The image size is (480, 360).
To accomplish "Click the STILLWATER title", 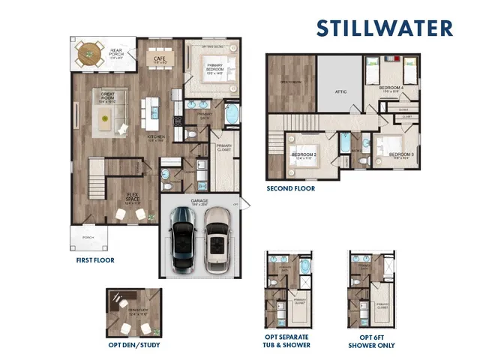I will (x=384, y=28).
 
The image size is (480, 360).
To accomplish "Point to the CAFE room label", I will (x=160, y=57).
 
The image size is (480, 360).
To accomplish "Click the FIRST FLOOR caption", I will (x=94, y=260).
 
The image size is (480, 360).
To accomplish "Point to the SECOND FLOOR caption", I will (x=291, y=188).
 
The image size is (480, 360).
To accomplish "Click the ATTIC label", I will (x=340, y=91).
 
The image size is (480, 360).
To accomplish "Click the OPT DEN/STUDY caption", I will (x=133, y=345).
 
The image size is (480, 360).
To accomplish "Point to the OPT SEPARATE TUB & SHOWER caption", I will (x=286, y=341).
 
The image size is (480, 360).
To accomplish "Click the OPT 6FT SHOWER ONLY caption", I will (x=371, y=341).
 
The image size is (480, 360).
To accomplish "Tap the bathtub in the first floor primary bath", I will (x=232, y=117).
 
